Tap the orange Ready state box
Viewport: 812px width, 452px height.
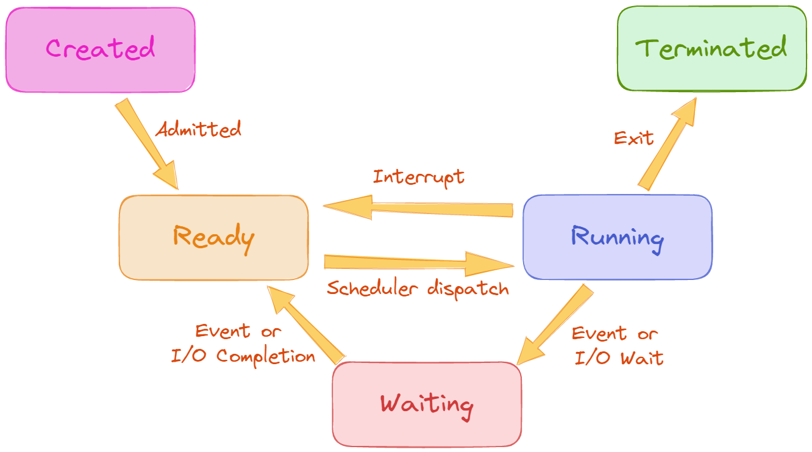tap(213, 238)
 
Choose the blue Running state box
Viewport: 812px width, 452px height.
tap(617, 237)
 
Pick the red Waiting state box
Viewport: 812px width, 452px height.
tap(427, 404)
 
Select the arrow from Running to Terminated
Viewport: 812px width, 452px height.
tap(666, 144)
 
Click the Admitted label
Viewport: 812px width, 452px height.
tap(198, 129)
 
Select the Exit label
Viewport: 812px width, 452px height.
tap(633, 138)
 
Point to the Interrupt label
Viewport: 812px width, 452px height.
tap(418, 177)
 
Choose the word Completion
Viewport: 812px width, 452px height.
tap(266, 356)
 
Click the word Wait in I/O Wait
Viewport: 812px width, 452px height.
tap(641, 357)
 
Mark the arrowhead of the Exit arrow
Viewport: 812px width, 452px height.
tap(684, 112)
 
